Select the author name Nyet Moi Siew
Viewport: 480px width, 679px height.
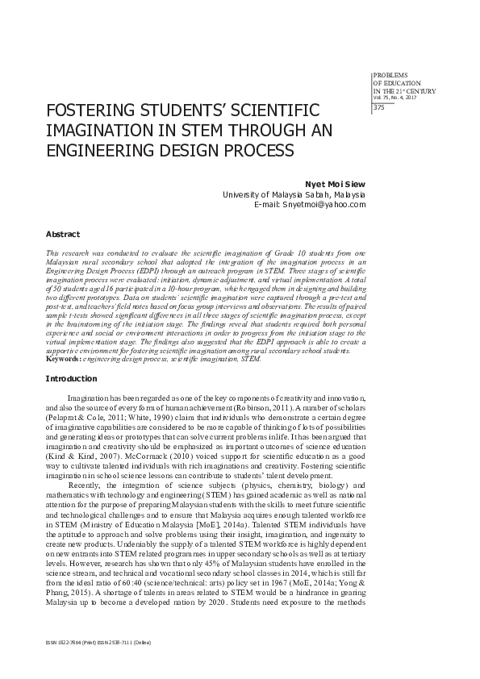coord(336,183)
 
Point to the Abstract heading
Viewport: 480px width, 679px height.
coord(62,234)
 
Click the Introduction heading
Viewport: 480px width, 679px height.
coord(71,378)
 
